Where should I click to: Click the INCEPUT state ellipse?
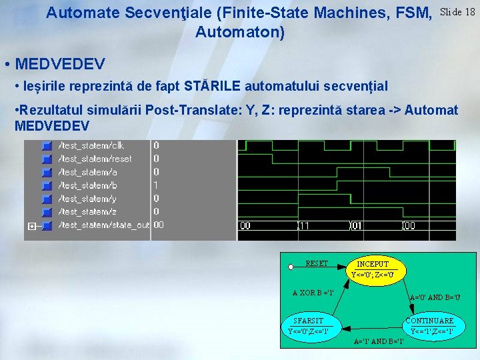click(373, 269)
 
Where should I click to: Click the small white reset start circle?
click(291, 267)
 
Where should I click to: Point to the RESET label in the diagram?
click(317, 263)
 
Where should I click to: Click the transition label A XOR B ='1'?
click(313, 293)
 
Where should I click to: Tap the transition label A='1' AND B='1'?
click(379, 341)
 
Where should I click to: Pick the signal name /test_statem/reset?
click(95, 159)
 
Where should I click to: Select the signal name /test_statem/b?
click(88, 185)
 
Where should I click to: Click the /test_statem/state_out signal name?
click(103, 225)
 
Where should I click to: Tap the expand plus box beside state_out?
click(31, 226)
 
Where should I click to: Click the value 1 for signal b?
click(156, 185)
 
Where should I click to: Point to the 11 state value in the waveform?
click(304, 226)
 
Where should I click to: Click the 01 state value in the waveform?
click(357, 226)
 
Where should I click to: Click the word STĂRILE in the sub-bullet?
click(217, 86)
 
